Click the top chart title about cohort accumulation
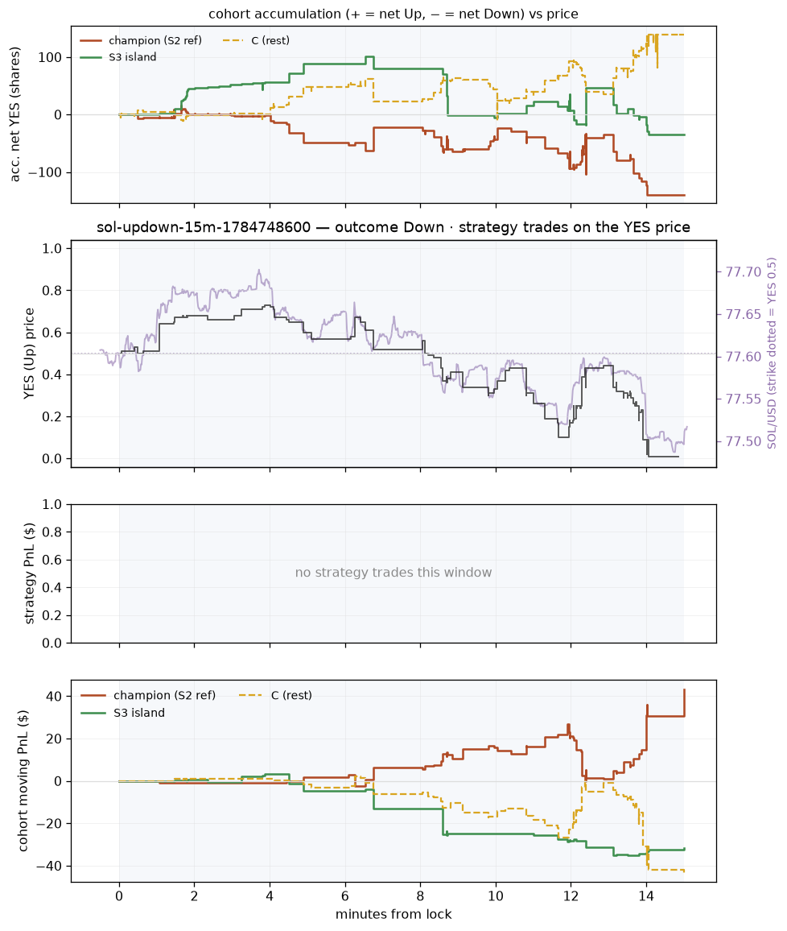pyautogui.click(x=393, y=14)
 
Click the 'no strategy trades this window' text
pyautogui.click(x=393, y=573)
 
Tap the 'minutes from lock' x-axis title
pyautogui.click(x=393, y=914)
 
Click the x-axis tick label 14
pyautogui.click(x=646, y=896)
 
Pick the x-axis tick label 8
pyautogui.click(x=421, y=896)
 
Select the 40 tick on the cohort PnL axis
pyautogui.click(x=55, y=696)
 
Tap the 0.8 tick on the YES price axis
pyautogui.click(x=53, y=291)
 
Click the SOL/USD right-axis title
pyautogui.click(x=772, y=354)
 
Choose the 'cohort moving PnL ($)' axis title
pyautogui.click(x=23, y=780)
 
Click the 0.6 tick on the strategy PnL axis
pyautogui.click(x=53, y=560)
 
